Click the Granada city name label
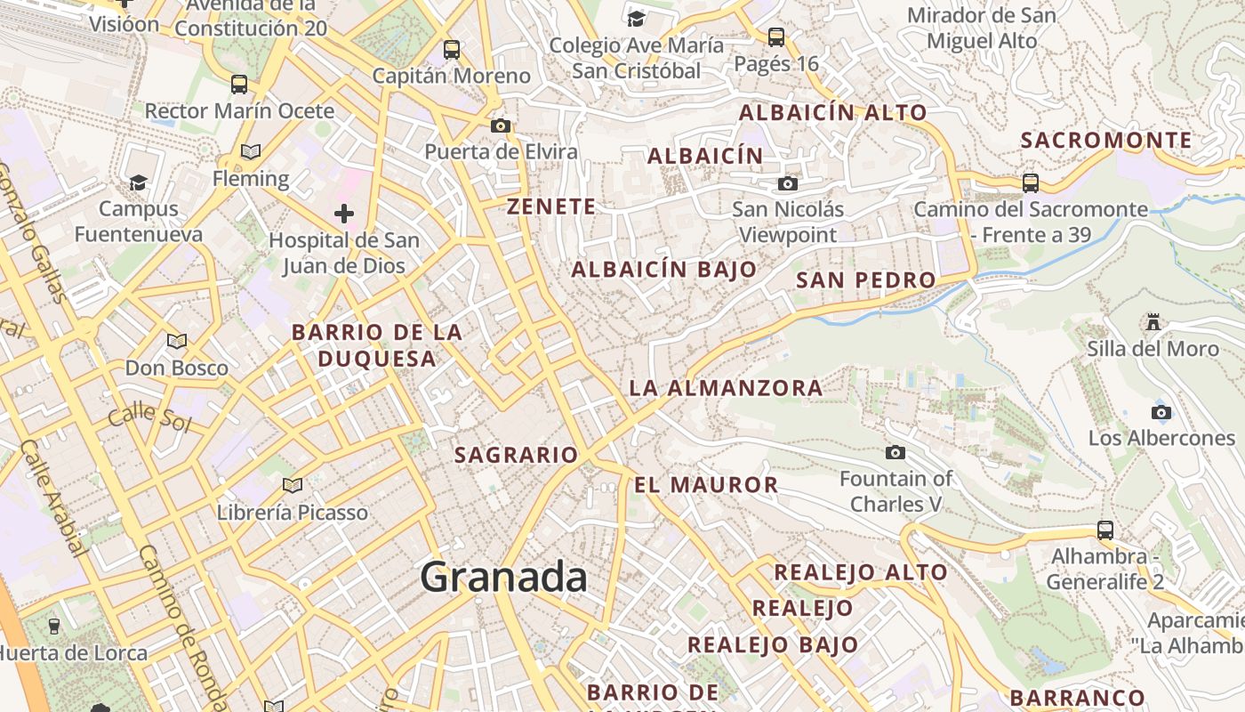[503, 578]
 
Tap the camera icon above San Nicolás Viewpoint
[787, 184]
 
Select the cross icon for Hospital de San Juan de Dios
[344, 214]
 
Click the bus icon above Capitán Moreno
[452, 50]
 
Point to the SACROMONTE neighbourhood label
[1106, 141]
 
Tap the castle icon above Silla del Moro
[1153, 321]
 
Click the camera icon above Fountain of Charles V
[896, 453]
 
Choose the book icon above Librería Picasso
[293, 486]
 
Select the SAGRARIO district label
[517, 455]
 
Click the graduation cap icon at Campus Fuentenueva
[138, 182]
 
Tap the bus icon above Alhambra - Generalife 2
[1105, 530]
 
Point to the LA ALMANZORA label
[726, 388]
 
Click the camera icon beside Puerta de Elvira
[501, 126]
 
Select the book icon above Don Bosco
[177, 341]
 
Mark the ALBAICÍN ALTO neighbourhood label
[833, 113]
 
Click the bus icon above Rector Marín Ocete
[239, 85]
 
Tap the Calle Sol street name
[149, 415]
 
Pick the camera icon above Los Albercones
[1161, 412]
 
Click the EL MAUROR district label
[706, 485]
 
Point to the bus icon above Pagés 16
[776, 37]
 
